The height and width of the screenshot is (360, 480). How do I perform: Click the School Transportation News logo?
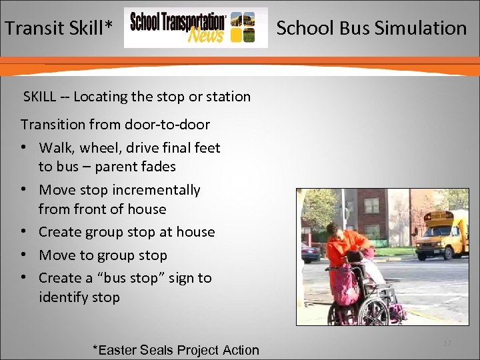point(195,28)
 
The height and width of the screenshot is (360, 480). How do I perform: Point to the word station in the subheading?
point(229,97)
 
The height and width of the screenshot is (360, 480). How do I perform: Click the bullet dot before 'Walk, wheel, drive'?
point(24,147)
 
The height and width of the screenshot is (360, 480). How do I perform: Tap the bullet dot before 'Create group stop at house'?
point(24,232)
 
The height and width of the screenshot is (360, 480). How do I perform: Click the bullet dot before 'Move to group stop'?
point(24,255)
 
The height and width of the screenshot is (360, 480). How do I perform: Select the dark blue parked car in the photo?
point(310,252)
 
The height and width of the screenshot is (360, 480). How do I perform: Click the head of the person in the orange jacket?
point(333,231)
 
